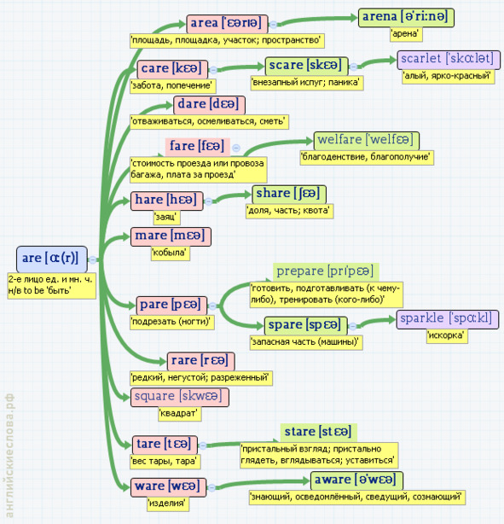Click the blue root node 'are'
52,259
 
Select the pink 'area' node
227,24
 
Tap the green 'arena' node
406,18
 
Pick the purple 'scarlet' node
449,60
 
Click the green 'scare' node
307,67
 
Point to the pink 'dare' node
209,105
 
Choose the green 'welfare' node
367,141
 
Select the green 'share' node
289,195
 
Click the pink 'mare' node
171,236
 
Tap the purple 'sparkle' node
448,319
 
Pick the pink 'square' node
180,397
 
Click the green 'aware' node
356,480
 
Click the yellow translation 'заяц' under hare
166,217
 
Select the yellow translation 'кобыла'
171,253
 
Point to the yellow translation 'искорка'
447,335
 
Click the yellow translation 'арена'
406,34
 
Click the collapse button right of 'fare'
236,148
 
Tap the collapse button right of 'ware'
211,488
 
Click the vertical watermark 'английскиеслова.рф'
9,455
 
